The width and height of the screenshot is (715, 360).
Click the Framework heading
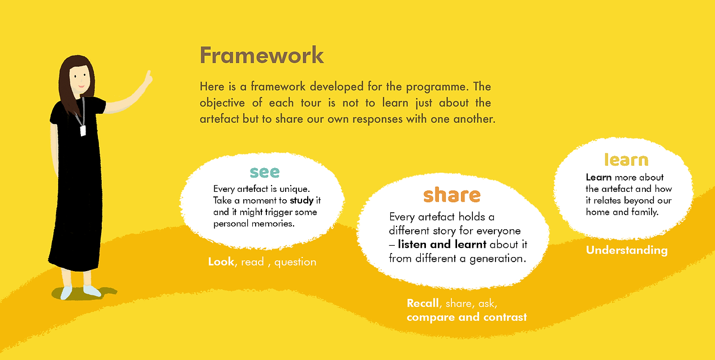[262, 55]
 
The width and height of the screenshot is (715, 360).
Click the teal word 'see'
[264, 172]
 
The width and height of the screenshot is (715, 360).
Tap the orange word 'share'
[451, 195]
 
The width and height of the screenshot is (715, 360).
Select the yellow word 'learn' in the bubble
[626, 160]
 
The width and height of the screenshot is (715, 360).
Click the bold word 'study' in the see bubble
[301, 200]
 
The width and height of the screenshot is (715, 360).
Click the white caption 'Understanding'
[626, 250]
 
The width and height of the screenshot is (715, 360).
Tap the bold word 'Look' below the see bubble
[221, 262]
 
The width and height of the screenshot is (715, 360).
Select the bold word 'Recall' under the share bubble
[423, 303]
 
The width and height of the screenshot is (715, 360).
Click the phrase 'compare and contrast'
[467, 317]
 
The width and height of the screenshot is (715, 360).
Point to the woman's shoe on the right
[92, 291]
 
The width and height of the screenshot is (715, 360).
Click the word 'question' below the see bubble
[295, 262]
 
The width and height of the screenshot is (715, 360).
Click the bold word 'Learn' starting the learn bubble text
[598, 177]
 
